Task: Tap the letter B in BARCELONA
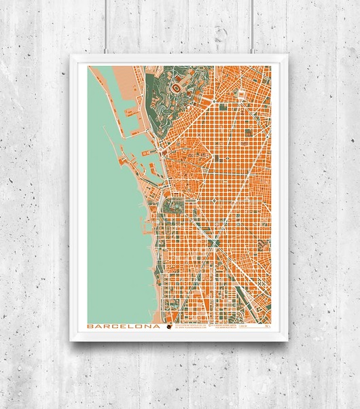90,325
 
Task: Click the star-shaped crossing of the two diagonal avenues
215,241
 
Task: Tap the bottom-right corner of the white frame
288,340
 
